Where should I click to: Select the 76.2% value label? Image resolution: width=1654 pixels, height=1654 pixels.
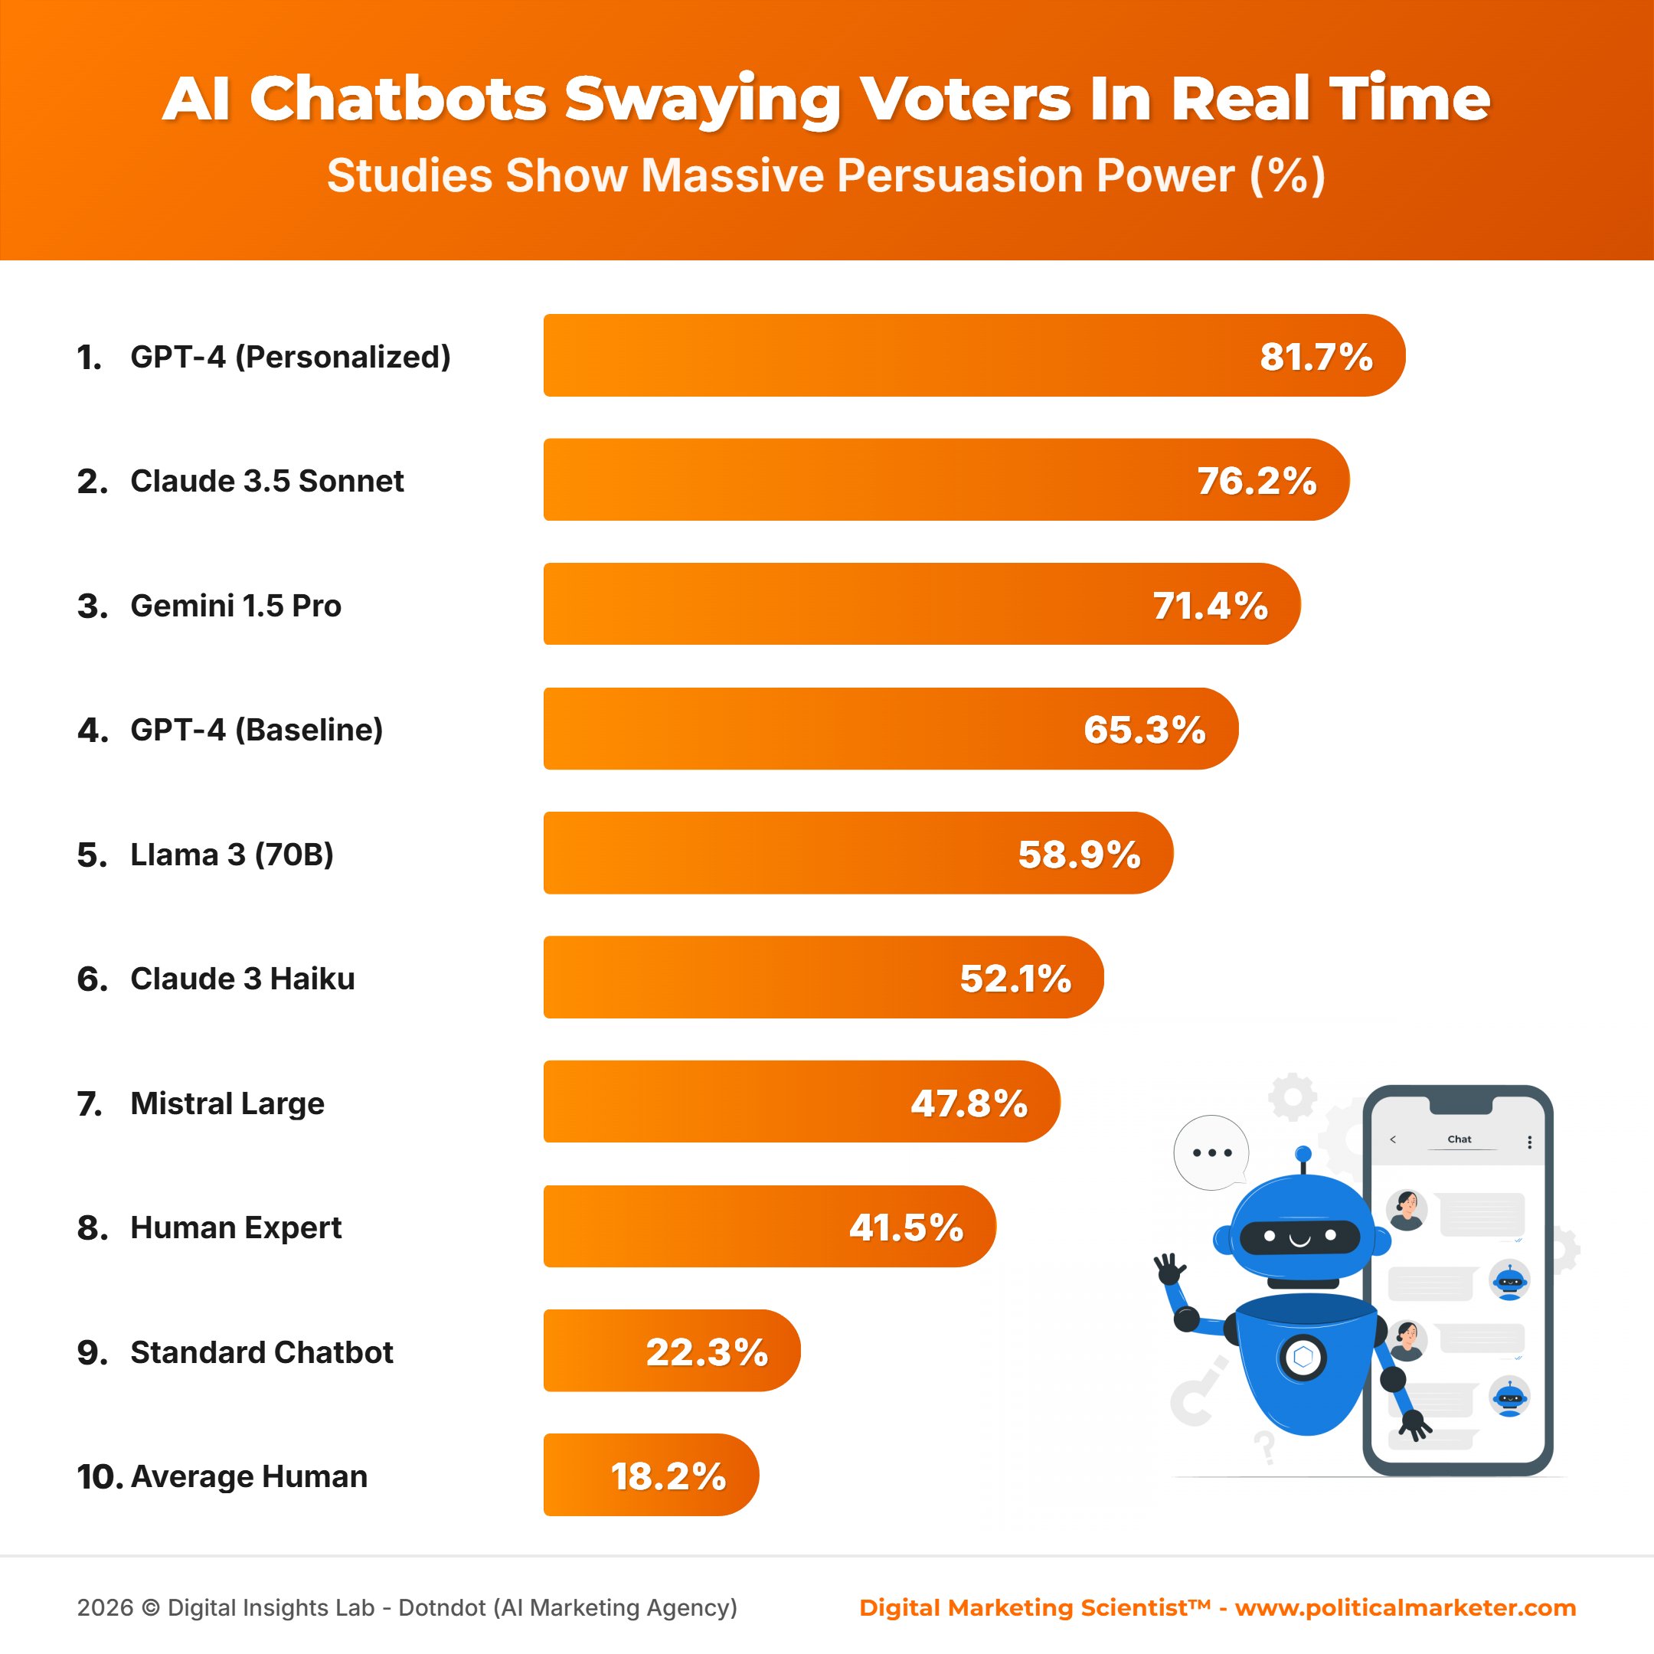1256,481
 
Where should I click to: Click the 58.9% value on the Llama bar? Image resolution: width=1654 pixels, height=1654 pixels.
1079,855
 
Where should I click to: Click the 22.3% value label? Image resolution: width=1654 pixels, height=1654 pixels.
706,1352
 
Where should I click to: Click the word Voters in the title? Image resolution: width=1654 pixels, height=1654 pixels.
965,99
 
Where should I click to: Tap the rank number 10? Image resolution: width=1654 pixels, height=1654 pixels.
100,1477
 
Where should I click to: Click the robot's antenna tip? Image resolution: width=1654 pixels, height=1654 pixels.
1303,1153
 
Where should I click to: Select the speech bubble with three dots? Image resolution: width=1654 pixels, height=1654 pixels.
1211,1152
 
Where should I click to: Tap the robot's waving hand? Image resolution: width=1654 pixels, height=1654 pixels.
1169,1268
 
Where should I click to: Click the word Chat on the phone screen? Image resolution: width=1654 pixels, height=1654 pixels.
1459,1139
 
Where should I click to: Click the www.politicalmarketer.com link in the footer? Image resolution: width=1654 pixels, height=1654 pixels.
1405,1607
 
